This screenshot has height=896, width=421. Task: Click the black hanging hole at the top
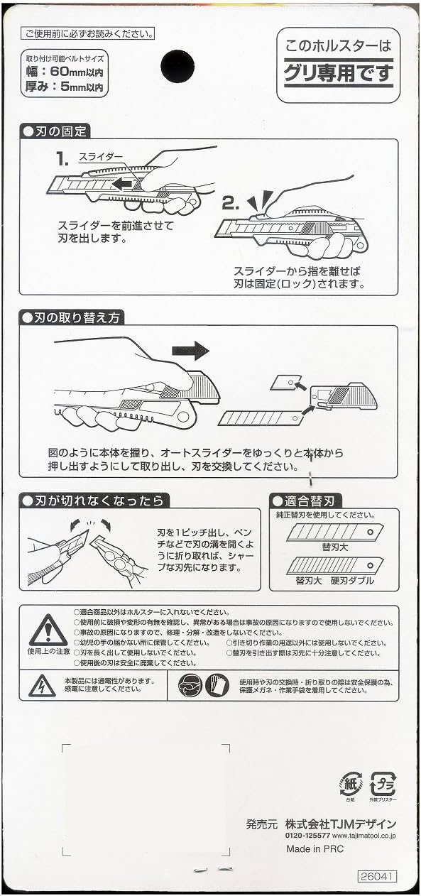pos(177,66)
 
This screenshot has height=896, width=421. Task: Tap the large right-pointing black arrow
pos(190,350)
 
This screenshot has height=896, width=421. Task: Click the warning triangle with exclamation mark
pos(48,630)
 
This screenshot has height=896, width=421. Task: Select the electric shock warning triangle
pos(42,686)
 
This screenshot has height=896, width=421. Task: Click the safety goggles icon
pos(190,686)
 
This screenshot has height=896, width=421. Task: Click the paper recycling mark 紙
pos(351,784)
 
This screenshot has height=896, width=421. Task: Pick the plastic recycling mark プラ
pos(383,784)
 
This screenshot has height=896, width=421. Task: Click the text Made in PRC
pos(315,849)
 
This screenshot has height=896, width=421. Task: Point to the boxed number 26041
pos(377,877)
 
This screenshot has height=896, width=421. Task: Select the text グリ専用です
pos(338,72)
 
